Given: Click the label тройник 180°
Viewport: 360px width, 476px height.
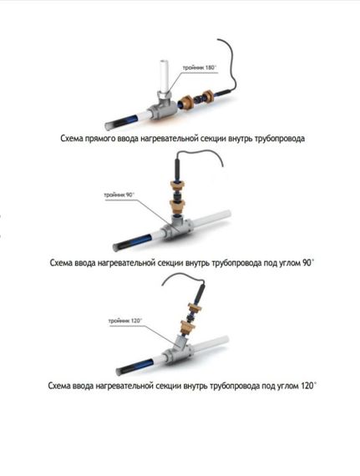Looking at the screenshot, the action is click(199, 68).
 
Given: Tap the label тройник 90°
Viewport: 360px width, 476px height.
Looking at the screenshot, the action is click(119, 195).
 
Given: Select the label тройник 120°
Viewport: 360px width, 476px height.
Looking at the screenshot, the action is click(125, 321).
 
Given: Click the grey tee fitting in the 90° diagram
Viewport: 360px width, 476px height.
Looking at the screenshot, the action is click(176, 228).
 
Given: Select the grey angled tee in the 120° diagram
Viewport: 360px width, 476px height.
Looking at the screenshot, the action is click(179, 349).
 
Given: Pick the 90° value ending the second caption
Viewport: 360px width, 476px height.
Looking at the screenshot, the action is click(307, 262).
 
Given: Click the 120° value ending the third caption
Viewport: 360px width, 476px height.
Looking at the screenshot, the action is click(309, 386).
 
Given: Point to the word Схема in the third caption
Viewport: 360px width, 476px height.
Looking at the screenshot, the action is click(59, 386).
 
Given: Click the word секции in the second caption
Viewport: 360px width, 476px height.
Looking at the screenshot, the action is click(170, 263).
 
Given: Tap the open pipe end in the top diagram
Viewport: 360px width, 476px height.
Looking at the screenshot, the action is click(109, 125).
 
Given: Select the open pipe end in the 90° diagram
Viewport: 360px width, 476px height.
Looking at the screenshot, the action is click(116, 247).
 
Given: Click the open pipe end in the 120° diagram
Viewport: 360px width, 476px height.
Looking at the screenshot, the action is click(119, 371).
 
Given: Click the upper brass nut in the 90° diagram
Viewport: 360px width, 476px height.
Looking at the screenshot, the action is click(177, 185).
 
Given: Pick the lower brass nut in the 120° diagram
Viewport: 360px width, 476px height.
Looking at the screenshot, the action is click(188, 327).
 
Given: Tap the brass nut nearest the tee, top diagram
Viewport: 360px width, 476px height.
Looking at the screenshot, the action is click(185, 102).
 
